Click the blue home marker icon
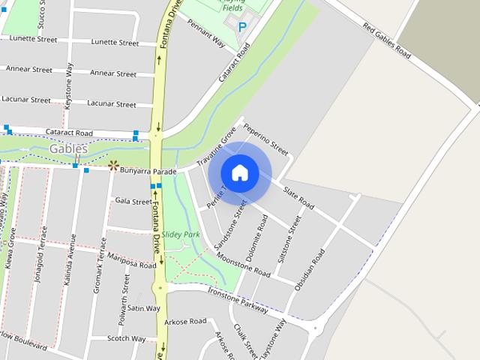[239, 173]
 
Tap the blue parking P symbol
[241, 27]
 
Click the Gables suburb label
[68, 149]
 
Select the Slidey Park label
[180, 235]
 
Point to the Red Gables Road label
[386, 42]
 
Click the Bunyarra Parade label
[148, 172]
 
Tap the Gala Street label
[133, 201]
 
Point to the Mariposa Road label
[131, 264]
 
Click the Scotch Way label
[126, 338]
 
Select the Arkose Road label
[187, 321]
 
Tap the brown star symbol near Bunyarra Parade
[113, 165]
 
